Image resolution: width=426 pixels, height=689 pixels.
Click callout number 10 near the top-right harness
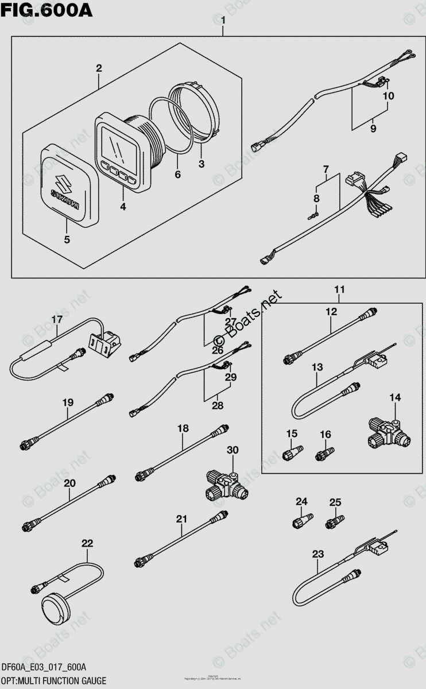click(389, 96)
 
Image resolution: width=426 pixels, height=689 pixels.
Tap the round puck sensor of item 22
click(56, 605)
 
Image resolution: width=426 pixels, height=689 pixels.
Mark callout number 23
click(317, 554)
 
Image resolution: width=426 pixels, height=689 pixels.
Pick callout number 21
click(182, 519)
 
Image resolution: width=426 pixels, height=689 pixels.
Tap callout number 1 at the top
click(223, 22)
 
